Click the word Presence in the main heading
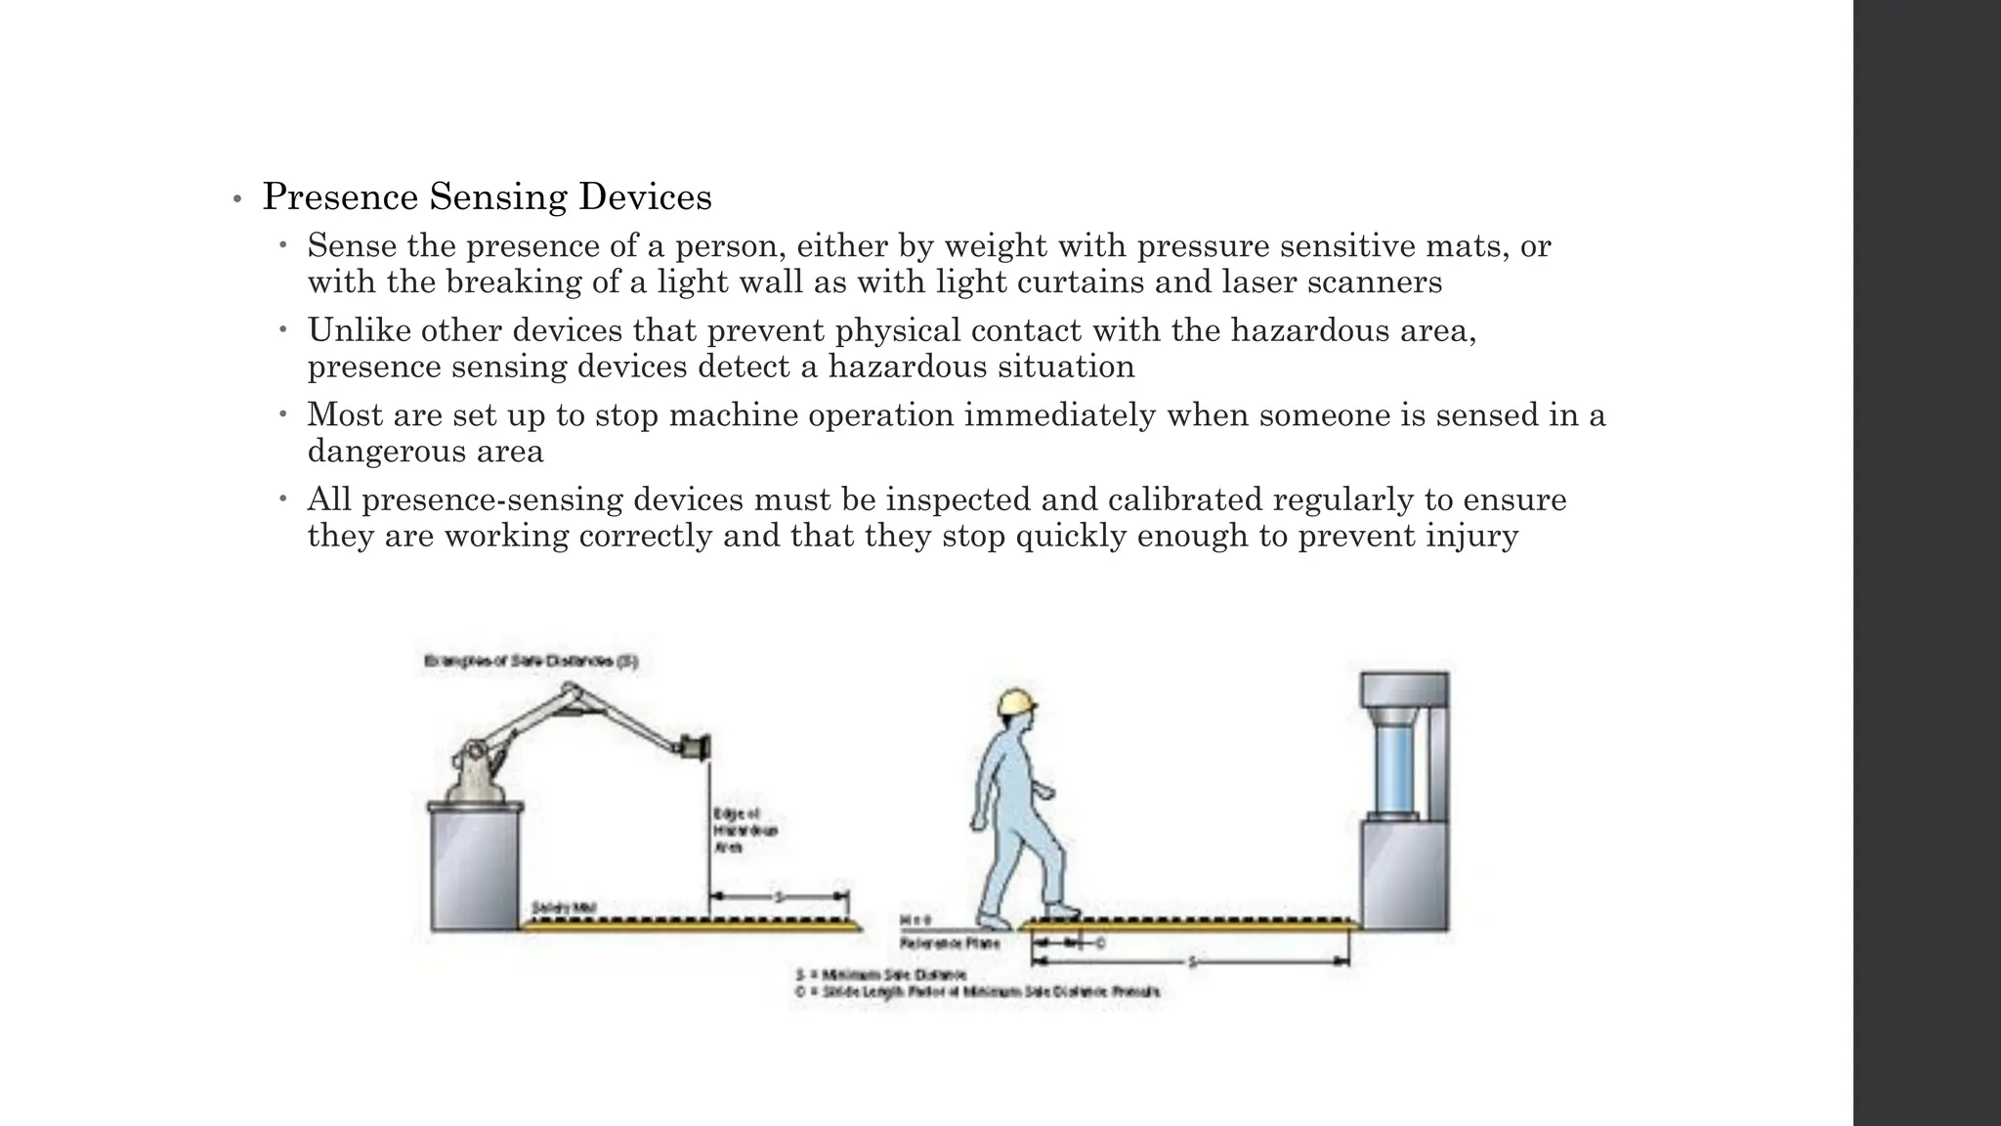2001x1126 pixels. [339, 197]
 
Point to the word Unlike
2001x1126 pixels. [359, 330]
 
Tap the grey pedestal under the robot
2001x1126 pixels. [475, 866]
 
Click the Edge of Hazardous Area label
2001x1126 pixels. [745, 831]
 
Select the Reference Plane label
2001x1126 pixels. [935, 944]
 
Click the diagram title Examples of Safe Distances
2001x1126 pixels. [531, 662]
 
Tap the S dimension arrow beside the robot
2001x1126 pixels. [779, 896]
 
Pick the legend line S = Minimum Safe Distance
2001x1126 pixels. [881, 974]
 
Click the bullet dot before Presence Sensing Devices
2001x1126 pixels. [236, 200]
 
